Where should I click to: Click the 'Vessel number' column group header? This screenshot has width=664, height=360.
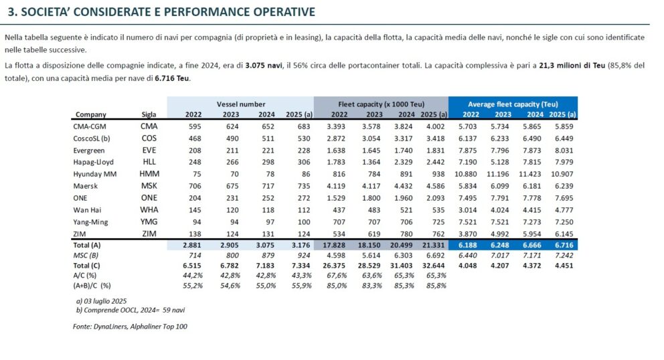pos(240,104)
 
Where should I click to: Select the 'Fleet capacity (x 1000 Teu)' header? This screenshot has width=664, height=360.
pos(380,104)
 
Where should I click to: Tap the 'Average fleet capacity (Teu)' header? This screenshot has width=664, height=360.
pos(513,104)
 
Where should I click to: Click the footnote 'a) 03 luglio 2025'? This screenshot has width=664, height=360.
pos(101,301)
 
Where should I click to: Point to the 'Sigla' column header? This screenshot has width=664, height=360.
pos(149,114)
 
